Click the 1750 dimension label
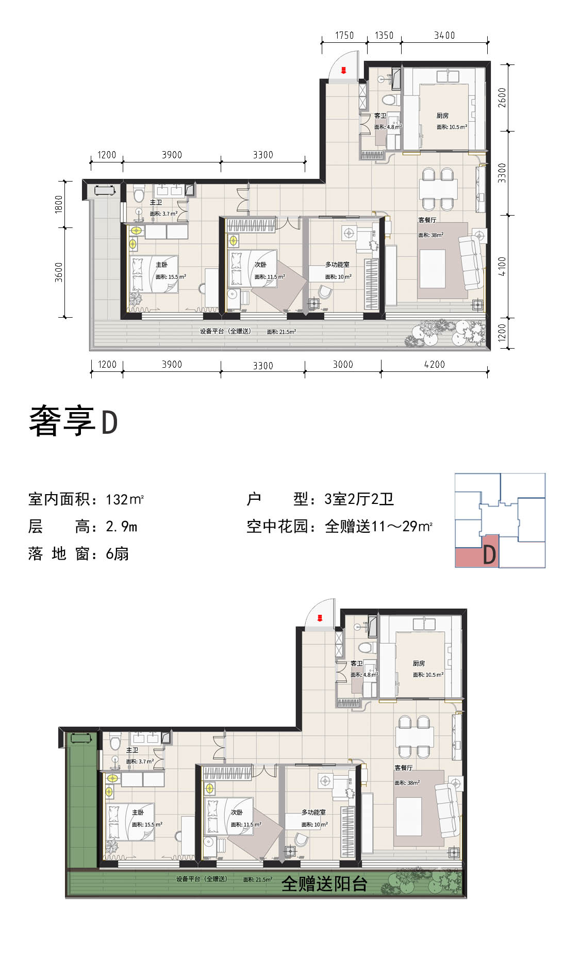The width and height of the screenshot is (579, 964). [344, 35]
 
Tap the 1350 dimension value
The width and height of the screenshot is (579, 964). [384, 35]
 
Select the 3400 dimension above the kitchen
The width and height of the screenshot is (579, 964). [444, 35]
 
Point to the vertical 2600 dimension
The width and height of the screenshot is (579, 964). [502, 97]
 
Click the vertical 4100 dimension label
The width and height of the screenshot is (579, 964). [502, 266]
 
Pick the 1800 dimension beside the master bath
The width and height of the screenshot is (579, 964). [59, 204]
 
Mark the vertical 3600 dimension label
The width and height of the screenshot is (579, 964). [59, 272]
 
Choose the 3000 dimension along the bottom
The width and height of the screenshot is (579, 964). [342, 365]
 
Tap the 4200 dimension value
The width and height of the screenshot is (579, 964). [434, 365]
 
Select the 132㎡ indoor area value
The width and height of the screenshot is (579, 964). [125, 499]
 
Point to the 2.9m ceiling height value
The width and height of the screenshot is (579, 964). [122, 527]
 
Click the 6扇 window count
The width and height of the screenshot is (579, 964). [117, 554]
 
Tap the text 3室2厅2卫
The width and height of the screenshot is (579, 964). [359, 499]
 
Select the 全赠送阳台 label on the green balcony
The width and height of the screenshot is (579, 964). [324, 884]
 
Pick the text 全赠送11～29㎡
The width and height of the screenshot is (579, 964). [379, 527]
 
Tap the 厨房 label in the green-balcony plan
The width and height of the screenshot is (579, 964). [419, 663]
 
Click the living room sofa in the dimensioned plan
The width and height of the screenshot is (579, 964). [472, 264]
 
